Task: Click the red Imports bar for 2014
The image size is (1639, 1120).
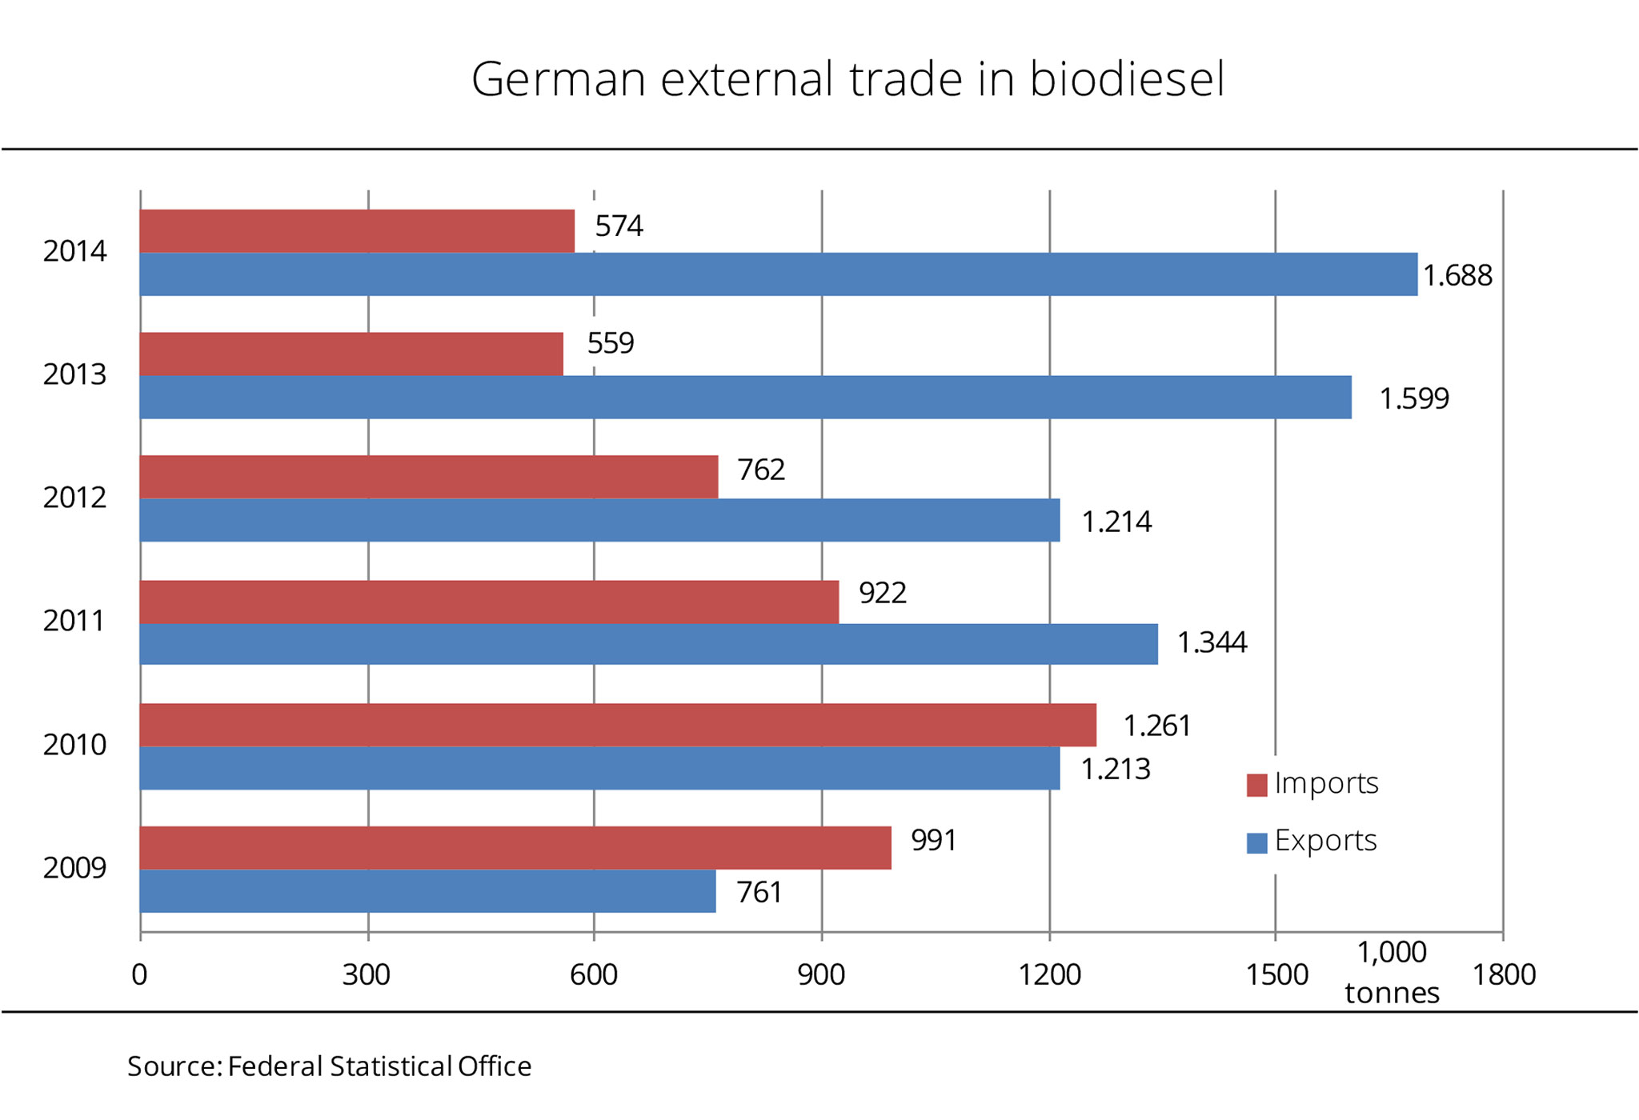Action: (357, 231)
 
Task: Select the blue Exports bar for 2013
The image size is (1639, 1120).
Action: (745, 398)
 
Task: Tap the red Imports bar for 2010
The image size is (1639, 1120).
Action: (618, 725)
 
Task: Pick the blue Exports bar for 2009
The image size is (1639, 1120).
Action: (427, 891)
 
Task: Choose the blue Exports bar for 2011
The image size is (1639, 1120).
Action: (648, 644)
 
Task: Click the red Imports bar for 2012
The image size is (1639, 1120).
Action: (429, 477)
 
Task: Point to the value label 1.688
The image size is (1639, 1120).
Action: (1457, 276)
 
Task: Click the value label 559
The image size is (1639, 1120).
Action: (611, 343)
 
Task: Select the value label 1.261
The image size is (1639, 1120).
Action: (1157, 726)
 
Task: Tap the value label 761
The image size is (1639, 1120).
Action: (759, 892)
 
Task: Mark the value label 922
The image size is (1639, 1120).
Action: (883, 593)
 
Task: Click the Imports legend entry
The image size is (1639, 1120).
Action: (1326, 783)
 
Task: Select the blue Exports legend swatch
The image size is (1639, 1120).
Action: (1256, 843)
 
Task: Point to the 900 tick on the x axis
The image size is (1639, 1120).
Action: (821, 975)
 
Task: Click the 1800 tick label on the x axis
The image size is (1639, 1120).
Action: (1504, 975)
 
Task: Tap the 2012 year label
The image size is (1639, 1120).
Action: (74, 498)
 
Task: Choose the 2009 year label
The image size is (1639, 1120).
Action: (74, 868)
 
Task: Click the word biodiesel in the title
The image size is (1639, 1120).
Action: (1127, 79)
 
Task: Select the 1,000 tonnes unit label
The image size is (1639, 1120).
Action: (1392, 973)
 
